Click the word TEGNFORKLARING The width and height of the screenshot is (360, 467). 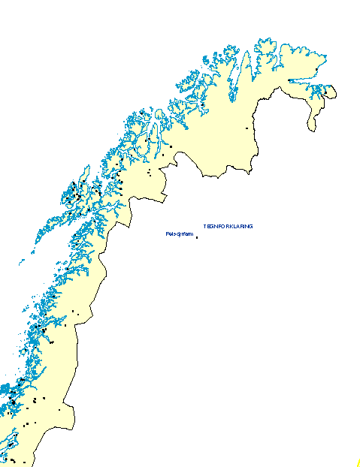[228, 226]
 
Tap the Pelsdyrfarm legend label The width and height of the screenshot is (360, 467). [179, 235]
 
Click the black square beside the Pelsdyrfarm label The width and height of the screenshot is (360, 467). [197, 238]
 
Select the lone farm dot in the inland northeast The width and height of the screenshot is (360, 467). [247, 128]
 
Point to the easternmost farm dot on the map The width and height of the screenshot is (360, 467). [325, 93]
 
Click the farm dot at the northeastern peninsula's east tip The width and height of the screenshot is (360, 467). [325, 93]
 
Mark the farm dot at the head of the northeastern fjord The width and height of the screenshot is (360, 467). [290, 81]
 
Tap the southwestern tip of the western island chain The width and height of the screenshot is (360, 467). [21, 264]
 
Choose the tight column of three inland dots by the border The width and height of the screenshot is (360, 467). [149, 173]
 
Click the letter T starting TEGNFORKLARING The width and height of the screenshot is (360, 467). [205, 226]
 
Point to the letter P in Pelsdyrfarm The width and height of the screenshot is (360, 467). [166, 235]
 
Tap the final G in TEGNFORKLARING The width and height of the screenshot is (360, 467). [250, 226]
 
